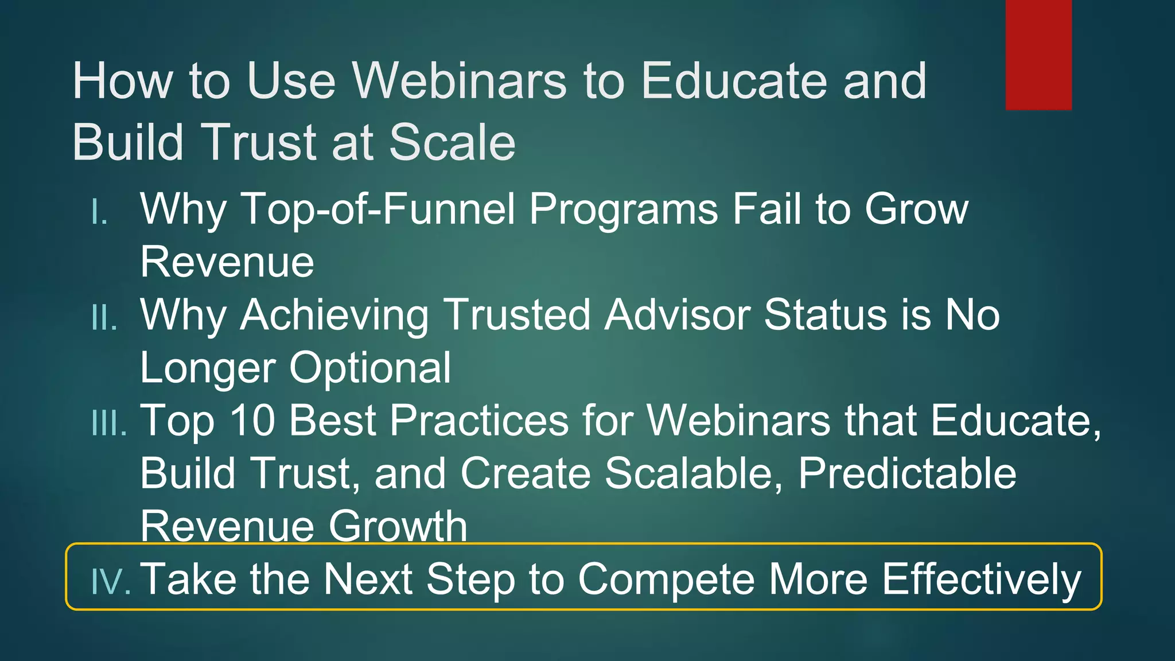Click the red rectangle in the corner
[x=1038, y=55]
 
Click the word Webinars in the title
[x=459, y=81]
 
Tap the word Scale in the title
[x=452, y=142]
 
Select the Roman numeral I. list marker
[x=100, y=213]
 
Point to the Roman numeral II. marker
[x=104, y=318]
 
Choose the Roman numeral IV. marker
[x=111, y=581]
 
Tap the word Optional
[x=370, y=368]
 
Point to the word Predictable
[x=907, y=473]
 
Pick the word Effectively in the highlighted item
[x=981, y=580]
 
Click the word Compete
[x=666, y=580]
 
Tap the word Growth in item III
[x=398, y=526]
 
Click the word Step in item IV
[x=470, y=580]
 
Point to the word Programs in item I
[x=623, y=209]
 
